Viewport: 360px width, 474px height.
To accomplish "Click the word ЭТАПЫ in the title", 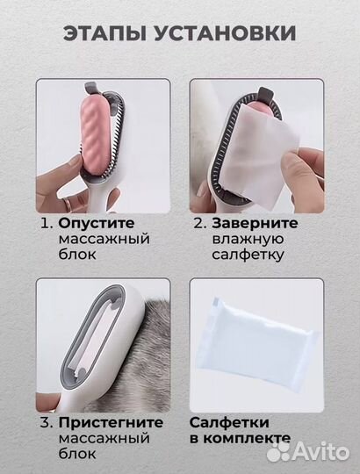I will coord(105,34).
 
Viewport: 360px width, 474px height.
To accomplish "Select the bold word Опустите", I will coord(96,223).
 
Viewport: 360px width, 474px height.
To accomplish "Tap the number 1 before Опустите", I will coord(46,223).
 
